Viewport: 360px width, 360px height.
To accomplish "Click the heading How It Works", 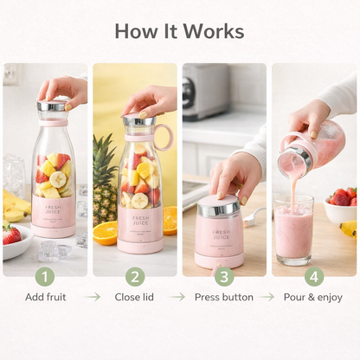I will point(179,31).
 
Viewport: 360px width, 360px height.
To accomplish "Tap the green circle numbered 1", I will point(45,276).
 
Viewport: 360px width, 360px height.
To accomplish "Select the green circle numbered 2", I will point(135,276).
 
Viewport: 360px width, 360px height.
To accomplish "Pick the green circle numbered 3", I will point(225,276).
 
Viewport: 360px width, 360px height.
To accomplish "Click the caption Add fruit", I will point(45,297).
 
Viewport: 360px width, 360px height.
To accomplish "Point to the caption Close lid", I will point(135,297).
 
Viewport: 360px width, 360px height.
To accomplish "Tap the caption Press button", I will point(225,297).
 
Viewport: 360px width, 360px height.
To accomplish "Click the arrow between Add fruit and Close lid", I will point(92,297).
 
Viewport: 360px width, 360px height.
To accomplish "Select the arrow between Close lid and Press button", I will point(178,297).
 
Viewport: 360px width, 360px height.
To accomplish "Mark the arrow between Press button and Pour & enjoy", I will point(270,297).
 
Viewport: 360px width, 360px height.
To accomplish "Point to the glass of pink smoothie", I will point(293,229).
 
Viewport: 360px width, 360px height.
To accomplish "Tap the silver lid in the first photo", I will point(53,106).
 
